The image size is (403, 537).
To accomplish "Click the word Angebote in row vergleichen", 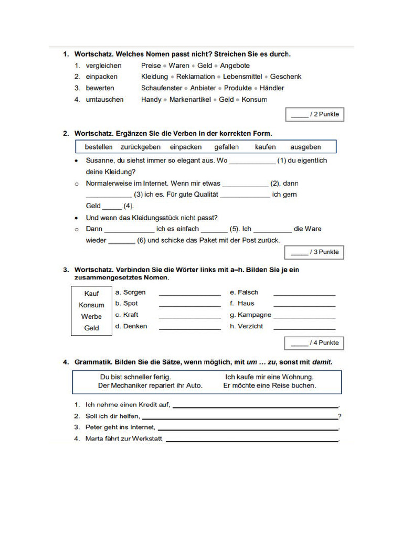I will point(235,66).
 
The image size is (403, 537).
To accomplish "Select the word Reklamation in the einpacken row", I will point(195,77).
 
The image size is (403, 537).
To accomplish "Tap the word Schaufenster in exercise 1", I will point(162,88).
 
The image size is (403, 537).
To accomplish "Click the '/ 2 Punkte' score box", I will point(314,114).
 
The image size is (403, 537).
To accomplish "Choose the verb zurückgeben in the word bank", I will point(140,147).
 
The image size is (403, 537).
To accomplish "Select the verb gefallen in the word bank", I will point(226,147).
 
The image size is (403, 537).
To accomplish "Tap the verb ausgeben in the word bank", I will point(305,147).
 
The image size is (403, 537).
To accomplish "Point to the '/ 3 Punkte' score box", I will point(314,252).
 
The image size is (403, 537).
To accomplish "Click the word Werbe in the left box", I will point(91,317).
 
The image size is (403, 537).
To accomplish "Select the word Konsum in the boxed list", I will point(91,305).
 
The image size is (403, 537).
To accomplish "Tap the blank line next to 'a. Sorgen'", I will point(189,294).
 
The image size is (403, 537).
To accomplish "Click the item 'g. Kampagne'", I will point(251,315).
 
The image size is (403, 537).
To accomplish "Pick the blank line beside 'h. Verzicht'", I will point(304,328).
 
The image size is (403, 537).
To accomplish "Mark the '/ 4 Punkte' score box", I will point(314,343).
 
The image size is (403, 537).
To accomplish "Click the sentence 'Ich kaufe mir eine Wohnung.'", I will point(269,377).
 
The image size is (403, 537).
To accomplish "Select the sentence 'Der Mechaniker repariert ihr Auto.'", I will point(150,385).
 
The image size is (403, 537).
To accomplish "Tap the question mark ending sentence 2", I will point(340,416).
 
